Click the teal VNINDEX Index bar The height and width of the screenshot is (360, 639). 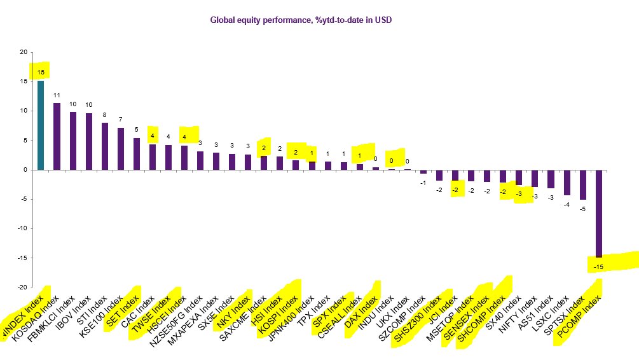(41, 125)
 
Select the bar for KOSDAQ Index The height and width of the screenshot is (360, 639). (57, 136)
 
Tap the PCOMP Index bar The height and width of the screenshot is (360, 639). (598, 213)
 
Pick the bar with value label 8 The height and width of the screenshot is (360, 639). (105, 146)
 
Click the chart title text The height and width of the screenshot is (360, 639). (301, 20)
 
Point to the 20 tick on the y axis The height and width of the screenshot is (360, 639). (24, 52)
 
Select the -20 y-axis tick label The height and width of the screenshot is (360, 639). (22, 287)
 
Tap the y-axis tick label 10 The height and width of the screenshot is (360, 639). (24, 111)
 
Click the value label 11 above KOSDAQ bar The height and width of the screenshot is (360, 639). (57, 95)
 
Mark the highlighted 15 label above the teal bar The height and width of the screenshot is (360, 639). (41, 72)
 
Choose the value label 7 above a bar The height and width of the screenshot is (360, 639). (121, 120)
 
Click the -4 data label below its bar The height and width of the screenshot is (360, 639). (567, 204)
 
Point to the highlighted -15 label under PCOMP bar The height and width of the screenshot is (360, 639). (598, 267)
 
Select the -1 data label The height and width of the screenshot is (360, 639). (423, 183)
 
